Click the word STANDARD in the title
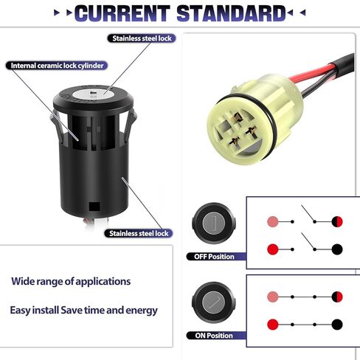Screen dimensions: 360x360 [232, 13]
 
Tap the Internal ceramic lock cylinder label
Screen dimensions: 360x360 [55, 65]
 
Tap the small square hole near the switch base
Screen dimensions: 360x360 [93, 207]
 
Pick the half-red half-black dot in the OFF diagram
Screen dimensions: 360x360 [337, 222]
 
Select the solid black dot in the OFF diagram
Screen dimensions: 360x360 [337, 249]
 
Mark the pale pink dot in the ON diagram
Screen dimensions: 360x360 [272, 297]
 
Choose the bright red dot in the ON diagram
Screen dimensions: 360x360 [272, 323]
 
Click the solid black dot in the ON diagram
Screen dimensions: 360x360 [337, 323]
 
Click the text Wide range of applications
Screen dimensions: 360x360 [71, 281]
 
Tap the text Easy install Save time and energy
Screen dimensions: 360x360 [83, 311]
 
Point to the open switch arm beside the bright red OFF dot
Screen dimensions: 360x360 [309, 242]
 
